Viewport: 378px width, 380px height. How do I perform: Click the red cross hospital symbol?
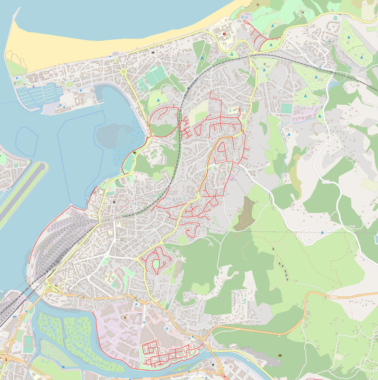224,34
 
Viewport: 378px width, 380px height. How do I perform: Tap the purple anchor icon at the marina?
33,86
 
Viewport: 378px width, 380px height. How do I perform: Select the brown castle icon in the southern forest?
279,355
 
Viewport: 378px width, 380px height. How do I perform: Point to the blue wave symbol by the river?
64,367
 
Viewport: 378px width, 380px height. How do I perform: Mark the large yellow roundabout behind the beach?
123,72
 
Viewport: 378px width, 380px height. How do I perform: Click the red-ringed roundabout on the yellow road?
242,131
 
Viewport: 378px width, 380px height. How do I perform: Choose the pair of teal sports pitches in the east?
287,108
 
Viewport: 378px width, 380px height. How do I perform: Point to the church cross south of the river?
213,366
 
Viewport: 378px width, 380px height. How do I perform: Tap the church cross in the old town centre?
114,202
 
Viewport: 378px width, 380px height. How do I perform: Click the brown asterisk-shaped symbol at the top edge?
258,5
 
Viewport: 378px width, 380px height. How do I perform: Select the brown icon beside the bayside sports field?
135,153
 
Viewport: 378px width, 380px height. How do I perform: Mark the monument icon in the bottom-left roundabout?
6,358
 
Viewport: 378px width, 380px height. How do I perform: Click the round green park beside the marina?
69,84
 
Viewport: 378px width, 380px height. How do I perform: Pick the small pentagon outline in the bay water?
27,142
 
